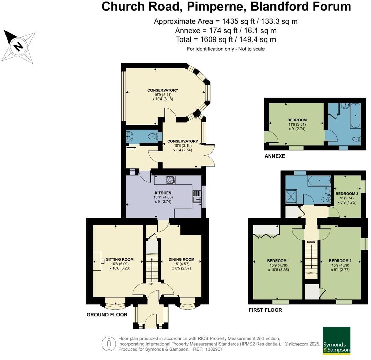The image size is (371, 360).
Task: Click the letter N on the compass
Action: pos(18,46)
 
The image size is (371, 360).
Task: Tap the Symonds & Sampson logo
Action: pos(336,341)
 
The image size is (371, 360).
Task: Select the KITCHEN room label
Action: pos(163,193)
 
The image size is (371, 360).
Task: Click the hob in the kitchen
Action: pos(171,180)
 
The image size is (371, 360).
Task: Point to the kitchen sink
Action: pos(197,197)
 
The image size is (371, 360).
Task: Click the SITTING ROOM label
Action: pos(120,259)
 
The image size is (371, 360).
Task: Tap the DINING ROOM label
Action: pos(181,259)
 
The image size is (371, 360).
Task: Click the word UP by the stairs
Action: pos(151,284)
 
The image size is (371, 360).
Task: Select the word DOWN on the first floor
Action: pos(311,242)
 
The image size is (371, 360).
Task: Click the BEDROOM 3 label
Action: pos(347,194)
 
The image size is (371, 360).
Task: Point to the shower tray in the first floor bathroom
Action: pos(291,197)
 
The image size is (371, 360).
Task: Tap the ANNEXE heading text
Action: pos(275,156)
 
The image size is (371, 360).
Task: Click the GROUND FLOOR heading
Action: pos(107,315)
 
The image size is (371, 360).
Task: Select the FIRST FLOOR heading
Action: pos(265,310)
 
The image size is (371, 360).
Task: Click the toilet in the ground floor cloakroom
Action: pos(153,136)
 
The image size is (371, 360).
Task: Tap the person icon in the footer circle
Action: pos(109,344)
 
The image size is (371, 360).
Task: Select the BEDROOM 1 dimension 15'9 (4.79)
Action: pos(278,265)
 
